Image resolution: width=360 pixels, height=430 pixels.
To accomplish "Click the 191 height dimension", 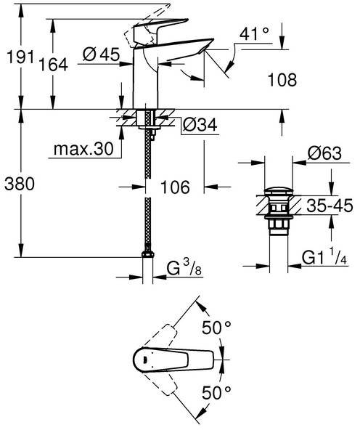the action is pyautogui.click(x=20, y=57).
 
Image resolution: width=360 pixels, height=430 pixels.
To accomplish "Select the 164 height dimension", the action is pyautogui.click(x=53, y=65).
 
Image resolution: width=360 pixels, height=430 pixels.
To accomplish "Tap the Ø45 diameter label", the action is pyautogui.click(x=102, y=54).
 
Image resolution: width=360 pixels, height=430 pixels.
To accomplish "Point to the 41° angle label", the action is pyautogui.click(x=254, y=33).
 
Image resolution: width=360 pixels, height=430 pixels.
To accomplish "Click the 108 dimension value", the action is pyautogui.click(x=282, y=80).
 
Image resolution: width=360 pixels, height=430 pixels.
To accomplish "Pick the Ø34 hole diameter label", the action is pyautogui.click(x=200, y=124).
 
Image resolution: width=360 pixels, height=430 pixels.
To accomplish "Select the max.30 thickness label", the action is pyautogui.click(x=83, y=149).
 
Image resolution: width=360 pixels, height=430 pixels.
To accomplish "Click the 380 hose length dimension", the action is pyautogui.click(x=20, y=184).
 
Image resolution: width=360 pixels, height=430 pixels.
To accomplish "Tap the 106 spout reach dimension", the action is pyautogui.click(x=175, y=187).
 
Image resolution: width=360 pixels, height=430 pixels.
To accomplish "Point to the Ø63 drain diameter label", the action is pyautogui.click(x=324, y=153).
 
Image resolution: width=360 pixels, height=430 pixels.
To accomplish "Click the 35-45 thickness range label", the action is pyautogui.click(x=330, y=206).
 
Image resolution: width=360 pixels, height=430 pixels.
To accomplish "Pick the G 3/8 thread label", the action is pyautogui.click(x=184, y=267).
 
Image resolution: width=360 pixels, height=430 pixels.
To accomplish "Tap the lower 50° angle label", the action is pyautogui.click(x=216, y=392).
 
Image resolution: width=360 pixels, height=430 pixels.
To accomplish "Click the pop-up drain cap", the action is pyautogui.click(x=279, y=190).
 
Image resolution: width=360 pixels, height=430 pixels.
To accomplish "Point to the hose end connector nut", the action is pyautogui.click(x=147, y=255).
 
